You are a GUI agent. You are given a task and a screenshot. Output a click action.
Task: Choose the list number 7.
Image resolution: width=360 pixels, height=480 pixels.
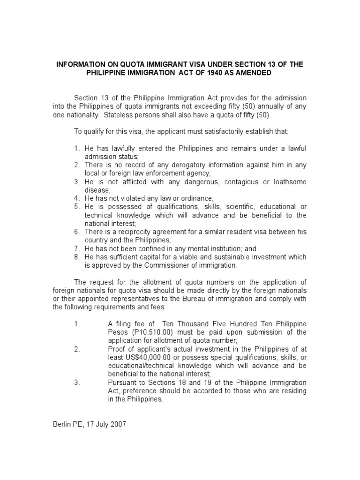[x=76, y=249]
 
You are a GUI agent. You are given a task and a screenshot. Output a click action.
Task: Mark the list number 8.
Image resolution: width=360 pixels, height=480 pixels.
[x=76, y=257]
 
